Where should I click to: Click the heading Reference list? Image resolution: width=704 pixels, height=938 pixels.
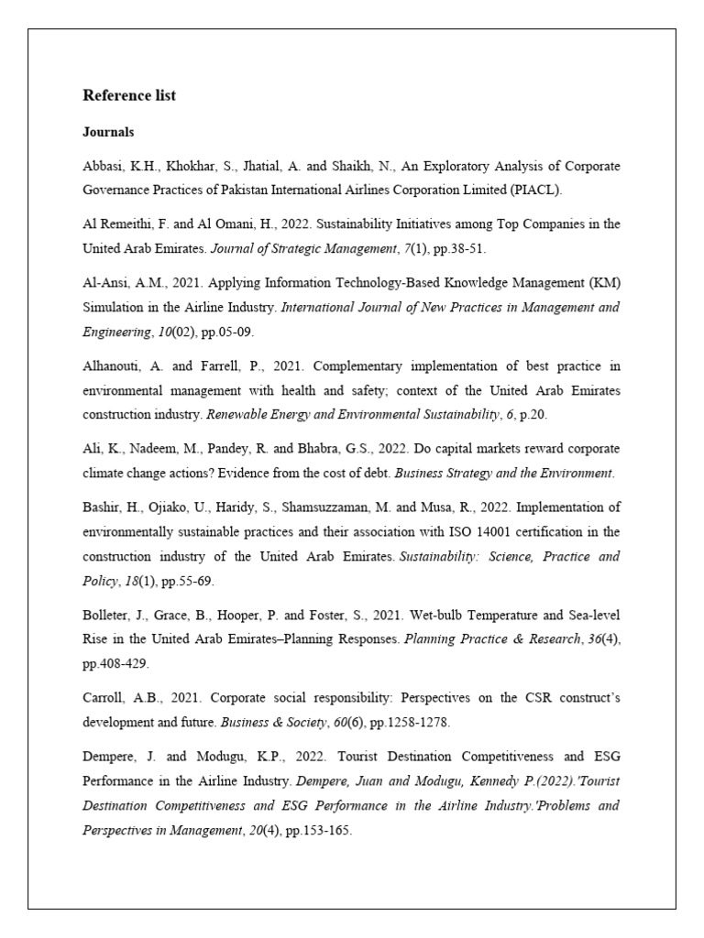[x=129, y=95]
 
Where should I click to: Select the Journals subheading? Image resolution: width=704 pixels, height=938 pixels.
[x=108, y=132]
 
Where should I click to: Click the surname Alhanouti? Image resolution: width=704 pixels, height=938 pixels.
[x=113, y=366]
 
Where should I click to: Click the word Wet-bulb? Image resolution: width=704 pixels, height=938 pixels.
[x=374, y=614]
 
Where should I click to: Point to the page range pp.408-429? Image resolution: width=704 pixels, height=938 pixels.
[x=116, y=662]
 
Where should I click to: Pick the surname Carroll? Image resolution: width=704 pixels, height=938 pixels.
[x=104, y=698]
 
